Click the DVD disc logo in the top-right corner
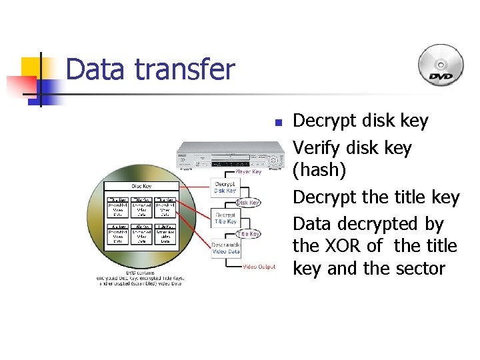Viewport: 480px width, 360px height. click(440, 66)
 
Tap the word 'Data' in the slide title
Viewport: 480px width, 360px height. click(93, 69)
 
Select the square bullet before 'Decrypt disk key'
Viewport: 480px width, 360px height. click(279, 123)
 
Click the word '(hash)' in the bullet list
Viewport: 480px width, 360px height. click(319, 171)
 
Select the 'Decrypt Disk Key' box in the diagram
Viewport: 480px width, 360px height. click(225, 187)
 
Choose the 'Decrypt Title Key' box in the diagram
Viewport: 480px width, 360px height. click(225, 218)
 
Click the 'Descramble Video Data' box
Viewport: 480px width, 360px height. click(226, 249)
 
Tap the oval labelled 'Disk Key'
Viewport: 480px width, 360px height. click(248, 203)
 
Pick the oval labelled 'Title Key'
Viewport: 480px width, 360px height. click(248, 234)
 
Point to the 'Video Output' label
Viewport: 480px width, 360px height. click(259, 267)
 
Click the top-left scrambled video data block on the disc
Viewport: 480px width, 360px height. click(117, 207)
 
